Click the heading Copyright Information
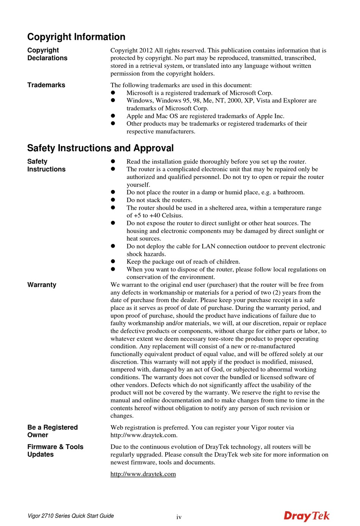click(x=76, y=37)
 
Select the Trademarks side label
click(x=46, y=85)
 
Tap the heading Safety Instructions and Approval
click(x=100, y=148)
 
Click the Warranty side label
click(x=42, y=285)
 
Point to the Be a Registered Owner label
click(x=52, y=431)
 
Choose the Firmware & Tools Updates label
click(x=55, y=451)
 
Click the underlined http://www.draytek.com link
click(x=143, y=474)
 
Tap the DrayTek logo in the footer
click(x=306, y=516)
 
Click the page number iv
click(x=179, y=517)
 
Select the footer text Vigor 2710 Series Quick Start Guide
click(x=70, y=516)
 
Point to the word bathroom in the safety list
click(x=291, y=192)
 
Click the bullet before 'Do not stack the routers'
click(x=113, y=200)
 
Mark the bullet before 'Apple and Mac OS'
click(x=113, y=116)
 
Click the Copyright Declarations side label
click(x=47, y=54)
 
